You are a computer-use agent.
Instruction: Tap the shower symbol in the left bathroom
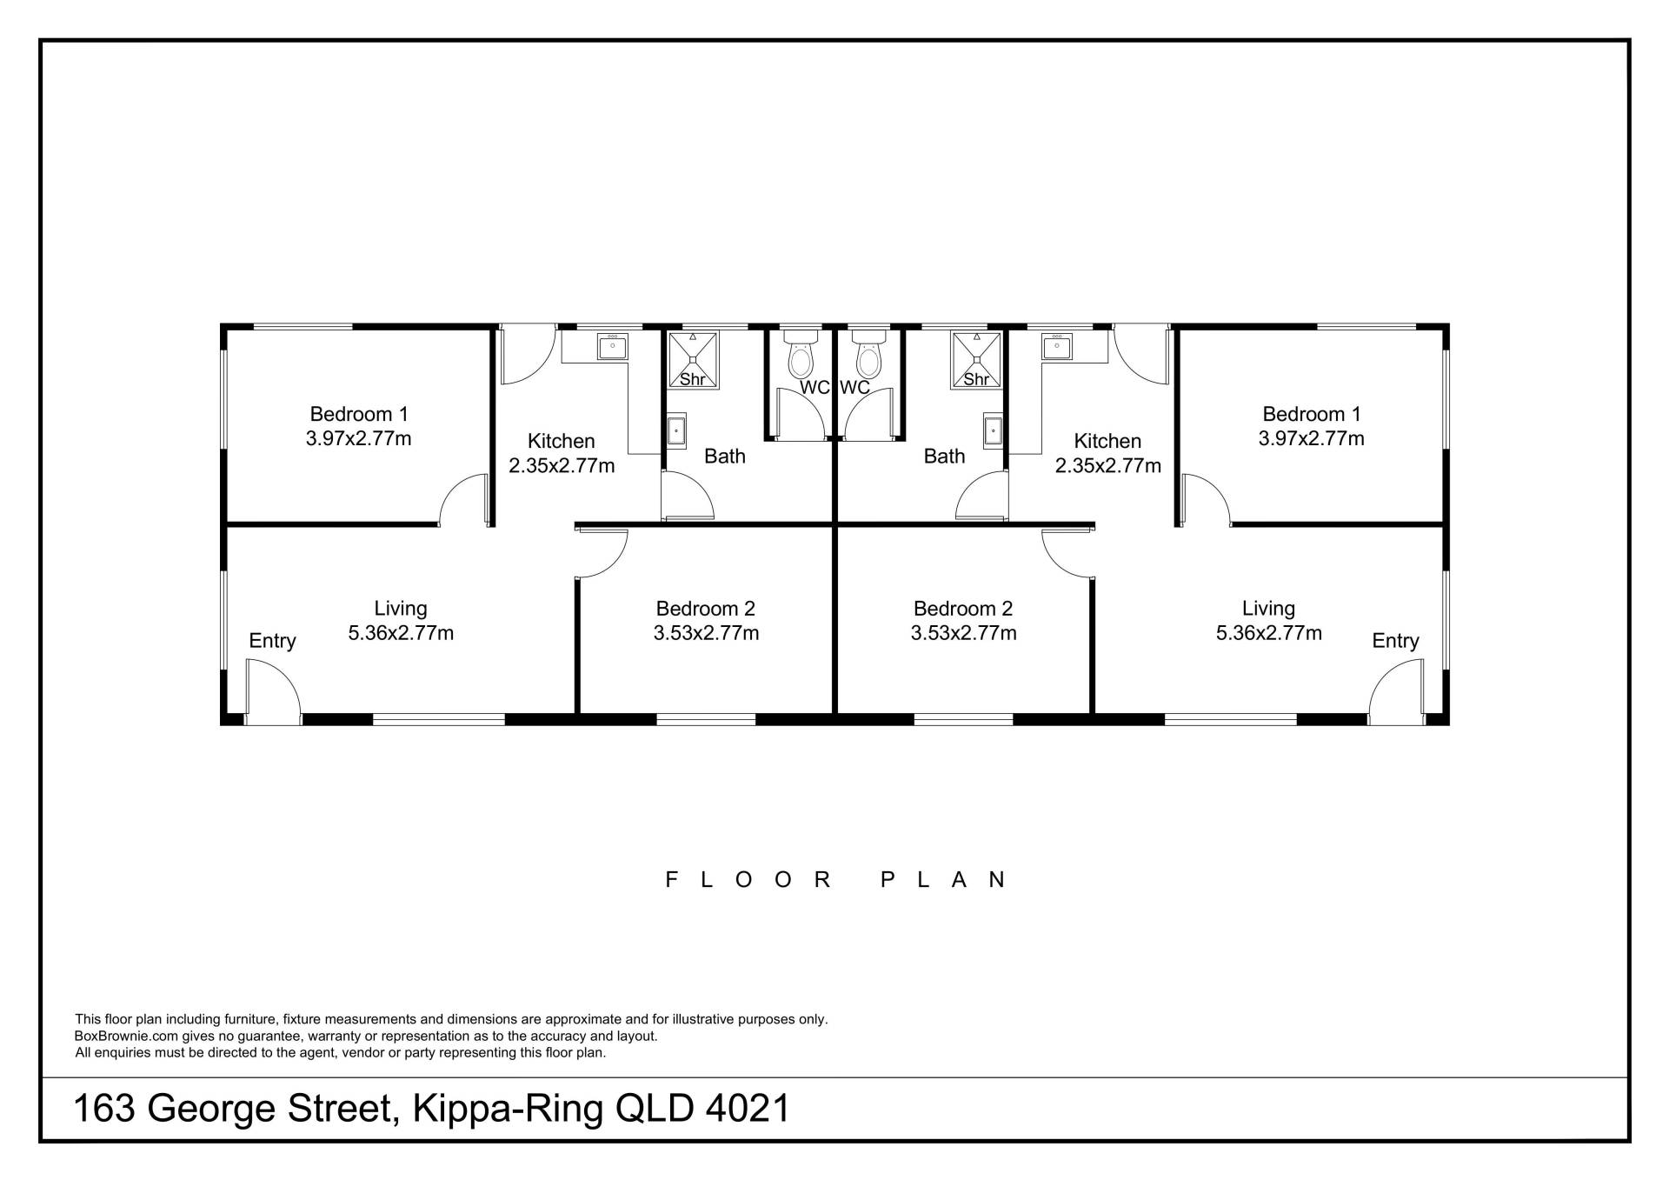[x=693, y=360]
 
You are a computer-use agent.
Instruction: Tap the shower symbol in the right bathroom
[x=976, y=360]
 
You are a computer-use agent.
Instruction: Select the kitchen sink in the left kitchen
[x=612, y=347]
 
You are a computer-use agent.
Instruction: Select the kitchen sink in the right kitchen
[x=1057, y=347]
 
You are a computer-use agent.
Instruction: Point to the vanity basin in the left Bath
[x=676, y=430]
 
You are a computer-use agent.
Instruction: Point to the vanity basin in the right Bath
[x=993, y=430]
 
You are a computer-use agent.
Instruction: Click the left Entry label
[x=272, y=641]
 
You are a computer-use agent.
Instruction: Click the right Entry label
[x=1395, y=641]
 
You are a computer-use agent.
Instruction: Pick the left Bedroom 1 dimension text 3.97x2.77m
[x=358, y=438]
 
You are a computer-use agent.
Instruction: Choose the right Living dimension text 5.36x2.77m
[x=1268, y=633]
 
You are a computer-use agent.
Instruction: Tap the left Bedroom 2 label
[x=705, y=609]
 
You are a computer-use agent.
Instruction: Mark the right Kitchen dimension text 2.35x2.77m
[x=1107, y=466]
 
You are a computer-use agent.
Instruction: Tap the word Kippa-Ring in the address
[x=508, y=1110]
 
